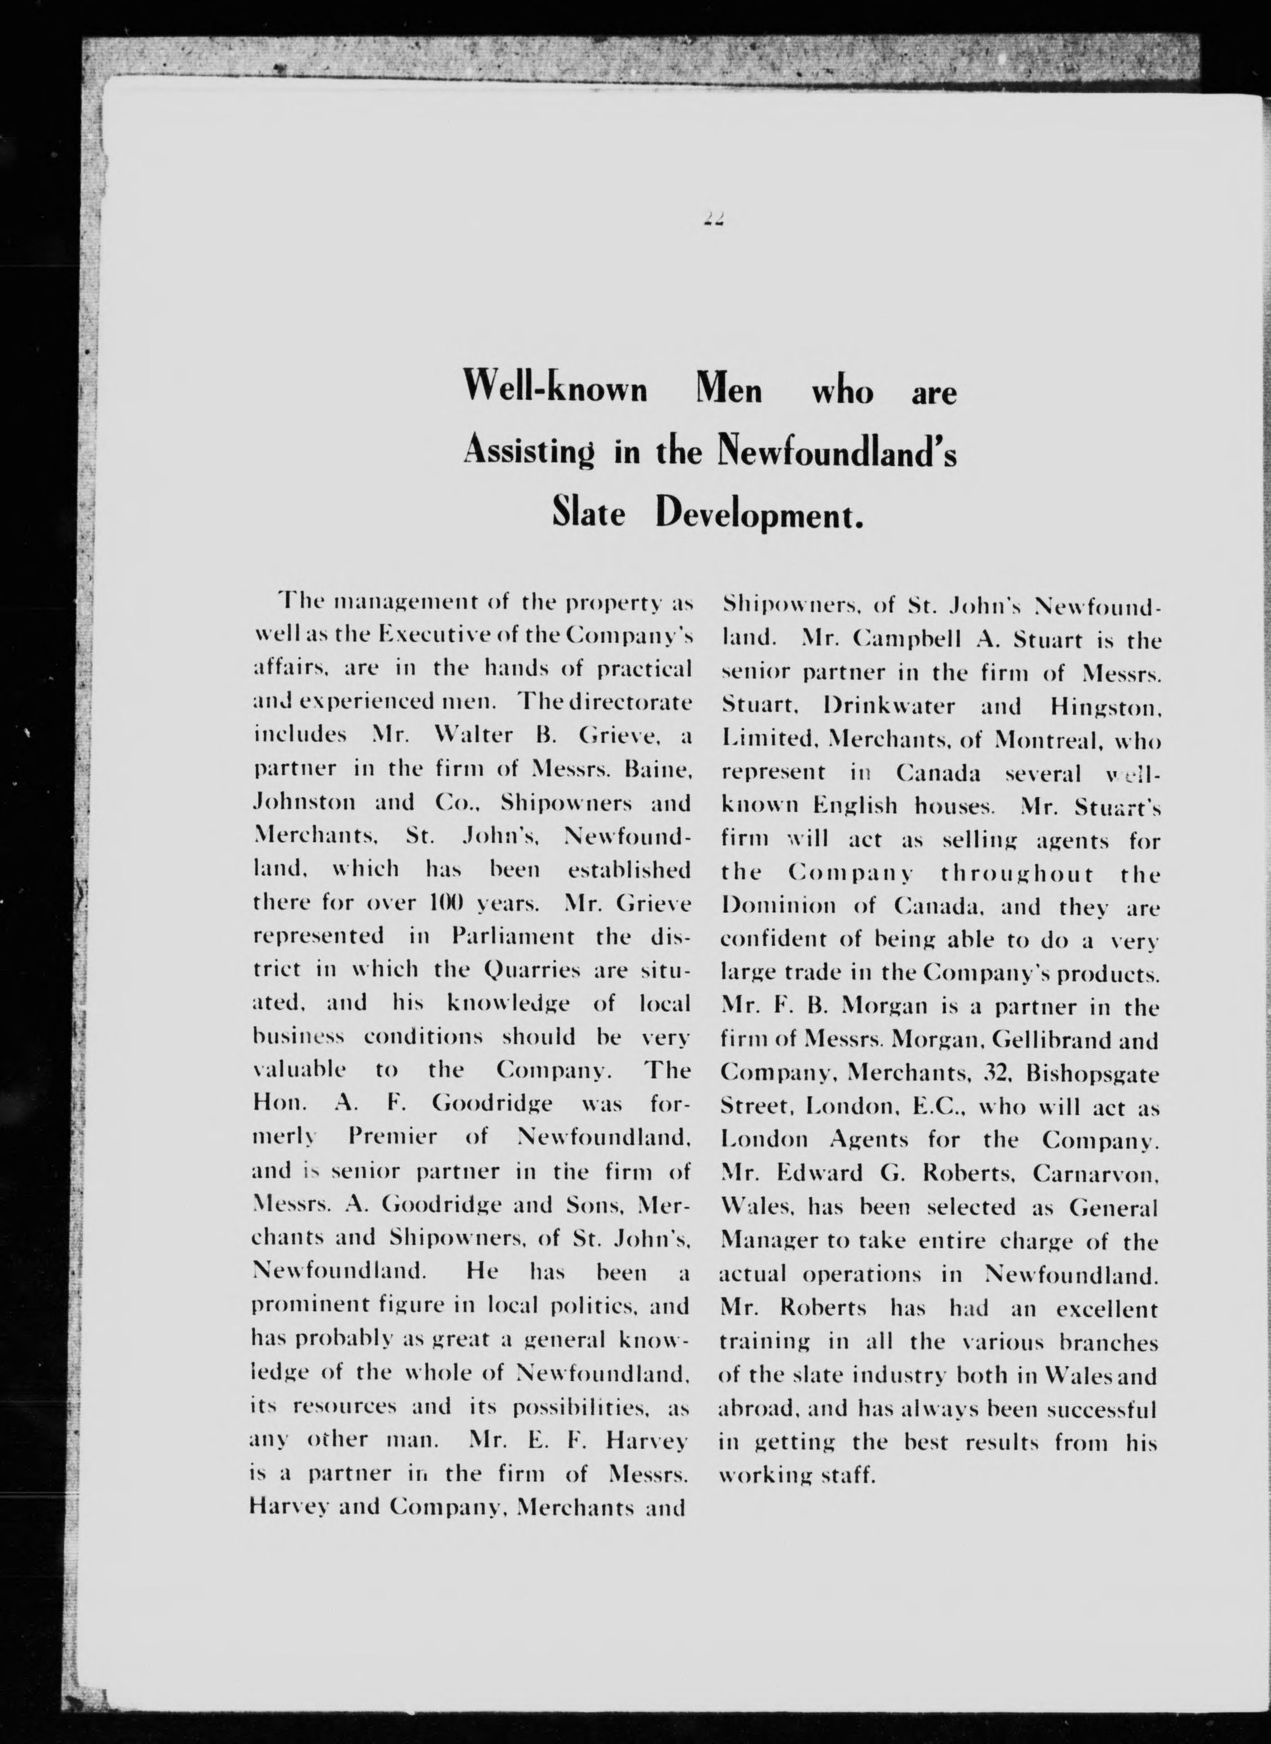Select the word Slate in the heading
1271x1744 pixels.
tap(589, 515)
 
